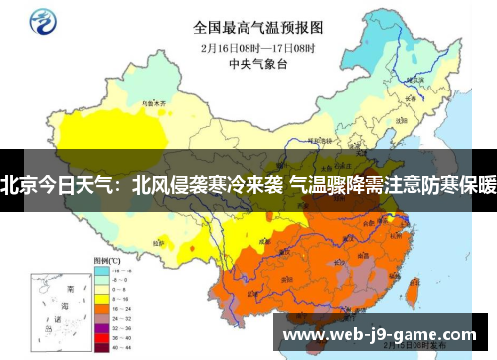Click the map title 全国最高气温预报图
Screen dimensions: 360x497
coord(257,27)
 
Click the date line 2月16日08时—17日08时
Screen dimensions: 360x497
coord(257,46)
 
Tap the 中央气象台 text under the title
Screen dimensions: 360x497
coord(257,62)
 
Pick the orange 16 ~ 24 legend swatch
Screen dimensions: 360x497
coord(100,309)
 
